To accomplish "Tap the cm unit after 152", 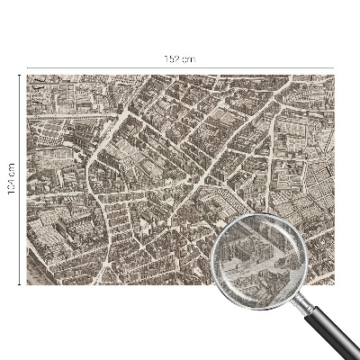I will pyautogui.click(x=188, y=58).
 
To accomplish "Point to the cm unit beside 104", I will pyautogui.click(x=11, y=166).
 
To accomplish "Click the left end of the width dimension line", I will pyautogui.click(x=27, y=67).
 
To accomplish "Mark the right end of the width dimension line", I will pyautogui.click(x=334, y=67).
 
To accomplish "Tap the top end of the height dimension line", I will pyautogui.click(x=19, y=76).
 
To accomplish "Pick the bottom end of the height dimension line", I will pyautogui.click(x=19, y=284).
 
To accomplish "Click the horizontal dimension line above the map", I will pyautogui.click(x=108, y=67).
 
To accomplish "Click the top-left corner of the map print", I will pyautogui.click(x=28, y=76).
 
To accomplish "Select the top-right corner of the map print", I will pyautogui.click(x=334, y=76).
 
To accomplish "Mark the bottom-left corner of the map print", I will pyautogui.click(x=28, y=284).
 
